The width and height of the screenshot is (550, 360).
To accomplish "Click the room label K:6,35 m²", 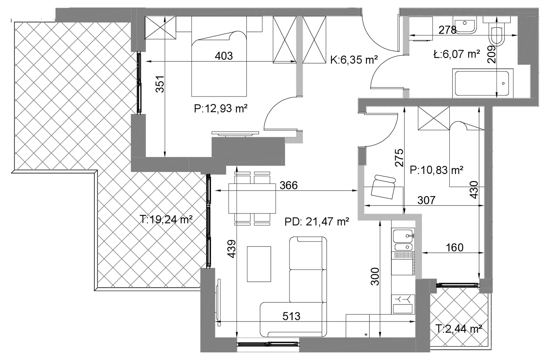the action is pos(354,60).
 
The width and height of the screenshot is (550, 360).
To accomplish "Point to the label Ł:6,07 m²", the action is pos(457,54).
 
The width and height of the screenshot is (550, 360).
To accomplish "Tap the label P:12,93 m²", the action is pos(220,108).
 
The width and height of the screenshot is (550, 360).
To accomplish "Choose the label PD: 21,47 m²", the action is pos(317,222).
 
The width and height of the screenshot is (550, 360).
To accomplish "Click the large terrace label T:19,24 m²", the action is pos(166,219).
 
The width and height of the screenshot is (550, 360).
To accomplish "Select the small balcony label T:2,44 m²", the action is pos(459,329).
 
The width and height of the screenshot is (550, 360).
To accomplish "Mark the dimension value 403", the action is pos(224,56).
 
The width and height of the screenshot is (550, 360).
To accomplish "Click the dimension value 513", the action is pos(291,316).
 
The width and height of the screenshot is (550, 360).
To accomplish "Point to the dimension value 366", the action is pos(289,185).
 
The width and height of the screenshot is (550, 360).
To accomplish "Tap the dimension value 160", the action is pos(455,247).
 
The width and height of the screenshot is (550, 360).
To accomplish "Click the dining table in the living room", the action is pos(252,199).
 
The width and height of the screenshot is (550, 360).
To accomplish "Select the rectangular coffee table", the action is pos(259,264).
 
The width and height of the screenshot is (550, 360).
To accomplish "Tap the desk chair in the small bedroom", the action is pos(383,187).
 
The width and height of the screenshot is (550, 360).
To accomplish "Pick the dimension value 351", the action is pos(160,84).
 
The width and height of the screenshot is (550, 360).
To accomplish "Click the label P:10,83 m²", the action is pos(436,170).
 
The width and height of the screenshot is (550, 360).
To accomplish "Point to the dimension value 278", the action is pos(447,30).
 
